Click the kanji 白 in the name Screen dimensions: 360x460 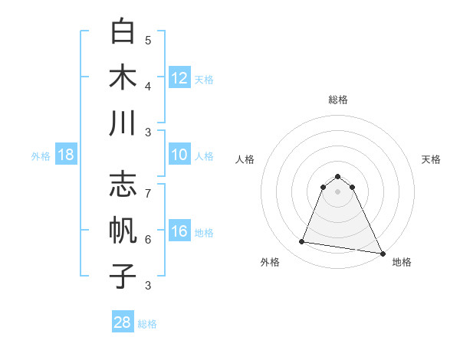123,32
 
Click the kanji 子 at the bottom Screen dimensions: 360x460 123,275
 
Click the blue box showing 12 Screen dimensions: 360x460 179,78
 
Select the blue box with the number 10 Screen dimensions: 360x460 179,155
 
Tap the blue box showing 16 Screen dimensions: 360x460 179,231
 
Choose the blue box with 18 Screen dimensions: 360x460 66,155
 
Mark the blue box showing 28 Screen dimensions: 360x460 123,322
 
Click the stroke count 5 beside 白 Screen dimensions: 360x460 148,40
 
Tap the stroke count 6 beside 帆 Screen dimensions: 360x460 148,239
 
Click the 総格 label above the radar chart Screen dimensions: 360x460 337,100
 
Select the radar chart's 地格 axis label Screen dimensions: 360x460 402,262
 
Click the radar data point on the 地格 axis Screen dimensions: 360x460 382,253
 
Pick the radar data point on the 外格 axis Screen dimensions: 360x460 302,242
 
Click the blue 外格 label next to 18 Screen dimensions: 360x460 41,156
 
